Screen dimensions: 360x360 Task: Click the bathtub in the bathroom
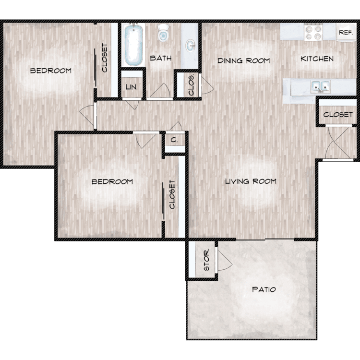point(133,45)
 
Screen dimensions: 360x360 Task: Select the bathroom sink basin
point(191,46)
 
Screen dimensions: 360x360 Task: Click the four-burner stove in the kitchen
point(313,32)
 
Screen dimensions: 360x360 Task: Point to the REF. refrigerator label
point(346,33)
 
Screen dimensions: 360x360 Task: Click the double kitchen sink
point(321,86)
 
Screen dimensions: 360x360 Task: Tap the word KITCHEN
point(317,59)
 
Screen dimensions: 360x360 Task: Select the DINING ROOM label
point(243,60)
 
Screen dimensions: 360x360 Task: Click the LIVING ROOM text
point(251,181)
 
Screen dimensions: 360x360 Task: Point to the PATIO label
point(264,289)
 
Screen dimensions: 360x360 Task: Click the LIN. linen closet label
point(132,87)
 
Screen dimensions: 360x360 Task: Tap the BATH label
point(161,58)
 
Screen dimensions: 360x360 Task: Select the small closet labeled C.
point(174,140)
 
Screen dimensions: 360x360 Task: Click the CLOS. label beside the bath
point(191,84)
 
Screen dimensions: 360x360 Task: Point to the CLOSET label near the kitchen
point(338,114)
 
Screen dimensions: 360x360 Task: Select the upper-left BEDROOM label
point(51,71)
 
